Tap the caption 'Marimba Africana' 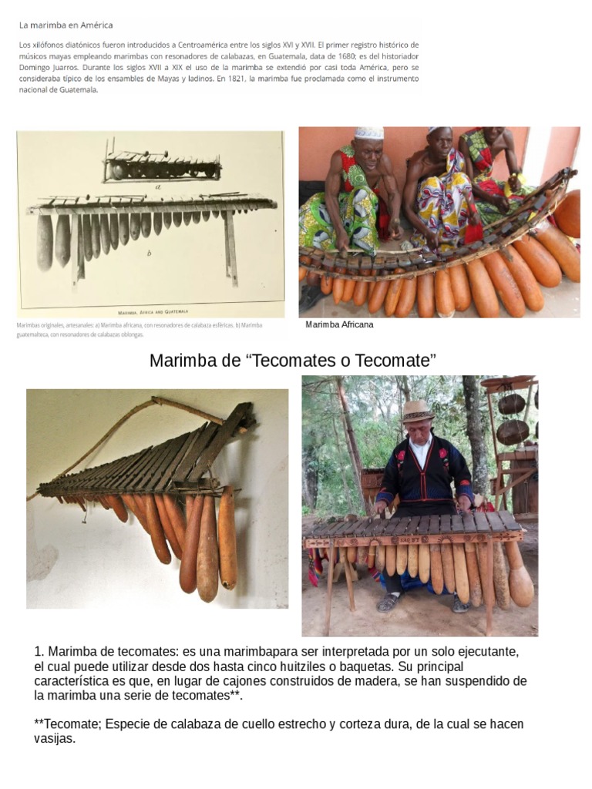(339, 324)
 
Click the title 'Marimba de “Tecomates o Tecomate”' (293, 361)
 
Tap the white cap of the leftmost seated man (369, 133)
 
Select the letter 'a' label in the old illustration (158, 186)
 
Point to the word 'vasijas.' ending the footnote (55, 739)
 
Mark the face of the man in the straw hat (419, 427)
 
